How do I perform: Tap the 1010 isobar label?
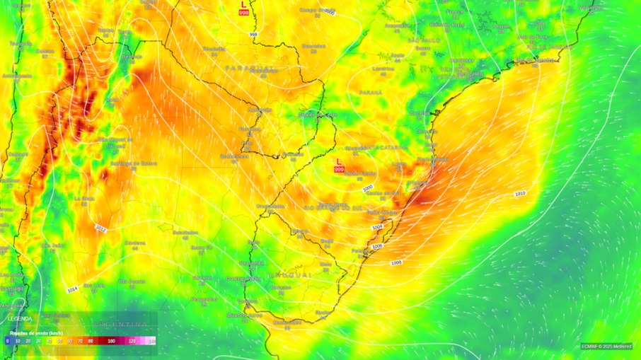[520, 193]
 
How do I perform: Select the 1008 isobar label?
[397, 263]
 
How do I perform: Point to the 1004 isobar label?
[377, 227]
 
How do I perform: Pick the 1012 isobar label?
[100, 228]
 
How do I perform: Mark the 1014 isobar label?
[72, 290]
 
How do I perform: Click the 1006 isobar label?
[377, 246]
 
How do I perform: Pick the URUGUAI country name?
[290, 274]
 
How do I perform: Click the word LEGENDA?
[20, 319]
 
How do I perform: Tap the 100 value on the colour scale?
[111, 341]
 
